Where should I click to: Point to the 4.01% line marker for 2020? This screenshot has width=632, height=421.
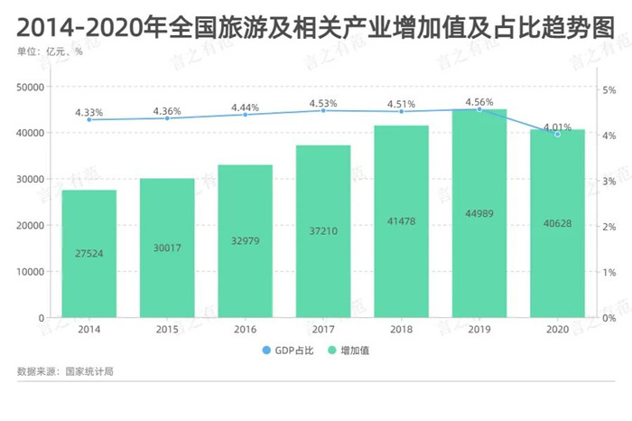pyautogui.click(x=557, y=134)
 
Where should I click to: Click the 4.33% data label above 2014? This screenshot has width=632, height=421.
pyautogui.click(x=89, y=112)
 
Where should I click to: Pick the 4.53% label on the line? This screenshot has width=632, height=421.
pyautogui.click(x=323, y=103)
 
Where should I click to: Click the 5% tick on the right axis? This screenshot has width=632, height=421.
pyautogui.click(x=609, y=89)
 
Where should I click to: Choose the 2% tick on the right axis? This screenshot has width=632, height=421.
pyautogui.click(x=609, y=227)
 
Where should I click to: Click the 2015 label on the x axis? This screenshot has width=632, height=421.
pyautogui.click(x=167, y=331)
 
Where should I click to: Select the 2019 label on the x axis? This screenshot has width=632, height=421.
pyautogui.click(x=479, y=331)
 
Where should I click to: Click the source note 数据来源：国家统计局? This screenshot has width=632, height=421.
pyautogui.click(x=65, y=372)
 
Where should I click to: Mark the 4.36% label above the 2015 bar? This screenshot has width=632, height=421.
pyautogui.click(x=167, y=111)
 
